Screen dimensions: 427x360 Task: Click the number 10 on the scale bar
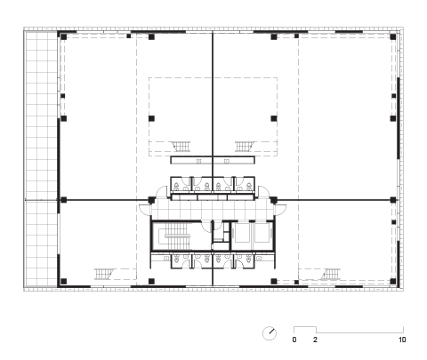click(402, 340)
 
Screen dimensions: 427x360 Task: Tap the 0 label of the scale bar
click(294, 340)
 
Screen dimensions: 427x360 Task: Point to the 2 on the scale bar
click(315, 340)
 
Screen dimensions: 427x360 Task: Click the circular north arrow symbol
click(270, 333)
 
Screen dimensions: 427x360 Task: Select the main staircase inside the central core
click(177, 236)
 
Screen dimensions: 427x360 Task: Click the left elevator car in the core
click(241, 233)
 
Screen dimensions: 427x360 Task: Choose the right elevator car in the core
click(262, 233)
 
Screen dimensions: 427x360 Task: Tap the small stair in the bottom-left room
click(104, 274)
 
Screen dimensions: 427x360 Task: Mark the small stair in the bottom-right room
click(331, 274)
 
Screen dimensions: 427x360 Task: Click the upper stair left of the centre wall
click(181, 147)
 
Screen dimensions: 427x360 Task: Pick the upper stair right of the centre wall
click(244, 147)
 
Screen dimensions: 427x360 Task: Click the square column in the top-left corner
click(63, 36)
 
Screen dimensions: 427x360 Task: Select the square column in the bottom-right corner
click(393, 281)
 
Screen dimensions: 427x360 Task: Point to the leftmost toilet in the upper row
click(176, 187)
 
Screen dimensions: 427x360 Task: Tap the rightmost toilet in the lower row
click(249, 260)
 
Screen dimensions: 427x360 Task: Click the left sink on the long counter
click(198, 161)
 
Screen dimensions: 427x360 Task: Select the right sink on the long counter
click(227, 161)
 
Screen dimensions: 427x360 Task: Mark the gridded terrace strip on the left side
click(41, 159)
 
